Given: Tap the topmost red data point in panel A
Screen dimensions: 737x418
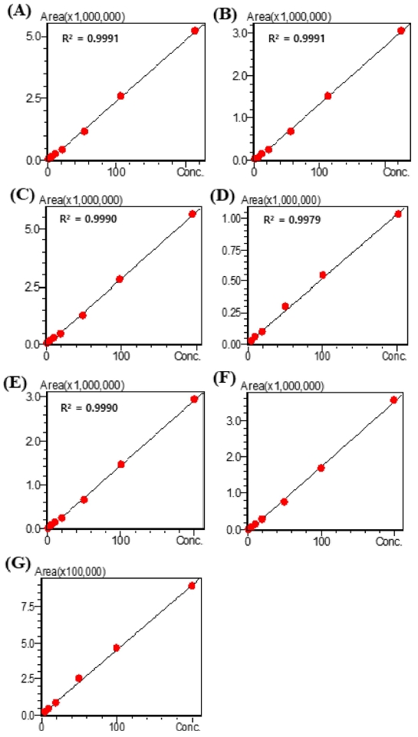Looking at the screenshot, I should (x=195, y=31).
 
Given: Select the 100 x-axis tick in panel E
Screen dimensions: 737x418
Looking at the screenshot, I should (x=120, y=541).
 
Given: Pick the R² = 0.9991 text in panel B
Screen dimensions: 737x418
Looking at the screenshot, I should (x=295, y=37).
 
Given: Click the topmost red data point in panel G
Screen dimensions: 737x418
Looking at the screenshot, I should (x=192, y=586).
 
